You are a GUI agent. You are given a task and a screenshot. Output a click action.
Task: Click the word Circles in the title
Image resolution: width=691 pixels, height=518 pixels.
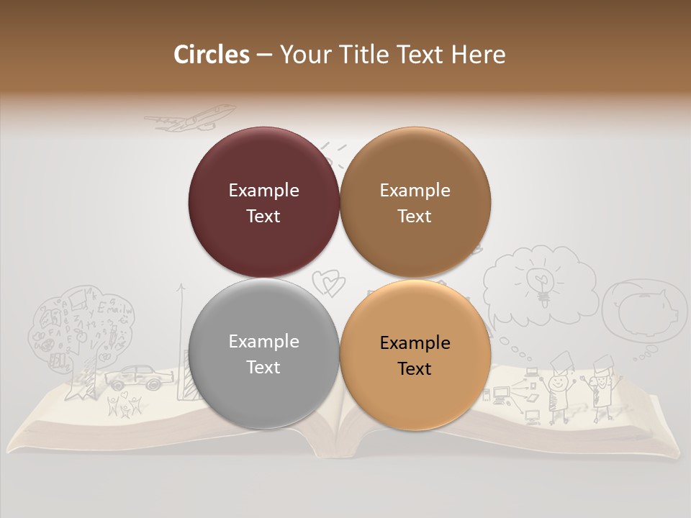pyautogui.click(x=212, y=55)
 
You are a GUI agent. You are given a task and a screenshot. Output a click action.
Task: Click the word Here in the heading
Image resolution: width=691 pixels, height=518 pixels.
pyautogui.click(x=478, y=55)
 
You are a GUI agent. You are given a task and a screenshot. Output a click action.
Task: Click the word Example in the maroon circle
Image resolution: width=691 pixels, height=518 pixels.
pyautogui.click(x=263, y=190)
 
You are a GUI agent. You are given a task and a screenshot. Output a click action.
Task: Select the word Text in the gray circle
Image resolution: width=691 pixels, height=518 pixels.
pyautogui.click(x=263, y=367)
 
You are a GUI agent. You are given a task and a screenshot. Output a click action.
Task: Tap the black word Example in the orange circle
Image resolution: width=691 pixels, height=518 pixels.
pyautogui.click(x=415, y=342)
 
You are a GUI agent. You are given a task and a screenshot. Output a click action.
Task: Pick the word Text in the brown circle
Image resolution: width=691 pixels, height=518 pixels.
pyautogui.click(x=415, y=216)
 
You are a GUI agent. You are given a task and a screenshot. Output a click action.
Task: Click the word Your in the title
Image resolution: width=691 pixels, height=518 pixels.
pyautogui.click(x=302, y=55)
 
